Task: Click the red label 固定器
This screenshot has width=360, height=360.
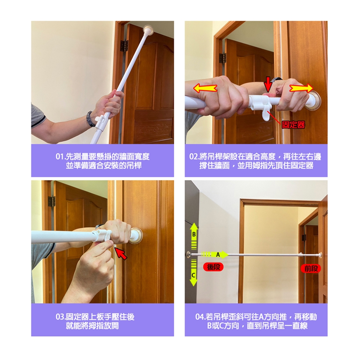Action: (293, 124)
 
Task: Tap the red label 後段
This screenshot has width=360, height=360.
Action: (213, 267)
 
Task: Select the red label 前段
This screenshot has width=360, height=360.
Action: (311, 268)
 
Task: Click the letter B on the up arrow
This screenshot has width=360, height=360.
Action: (194, 235)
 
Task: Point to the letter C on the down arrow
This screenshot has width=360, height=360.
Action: (193, 275)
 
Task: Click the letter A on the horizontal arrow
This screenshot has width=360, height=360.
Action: (218, 254)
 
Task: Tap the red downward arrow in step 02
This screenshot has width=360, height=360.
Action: (268, 84)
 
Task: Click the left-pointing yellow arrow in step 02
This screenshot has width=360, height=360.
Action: (205, 88)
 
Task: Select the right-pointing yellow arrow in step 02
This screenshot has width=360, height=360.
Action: (301, 88)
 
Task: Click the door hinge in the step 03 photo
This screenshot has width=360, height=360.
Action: (52, 202)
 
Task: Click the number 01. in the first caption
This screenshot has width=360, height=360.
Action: (61, 157)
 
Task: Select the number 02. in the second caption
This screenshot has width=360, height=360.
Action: (194, 157)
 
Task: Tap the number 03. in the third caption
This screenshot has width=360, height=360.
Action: (61, 317)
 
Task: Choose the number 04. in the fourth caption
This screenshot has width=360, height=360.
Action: (200, 317)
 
